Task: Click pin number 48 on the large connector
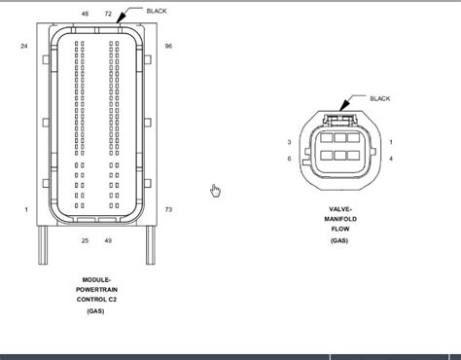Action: tap(85, 14)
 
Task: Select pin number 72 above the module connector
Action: tap(108, 14)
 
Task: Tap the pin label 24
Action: tap(23, 46)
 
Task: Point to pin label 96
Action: tap(168, 46)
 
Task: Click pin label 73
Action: tap(168, 210)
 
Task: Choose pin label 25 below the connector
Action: tap(85, 240)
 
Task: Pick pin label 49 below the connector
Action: tap(108, 240)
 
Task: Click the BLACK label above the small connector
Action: tap(380, 98)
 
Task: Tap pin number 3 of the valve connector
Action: tap(290, 142)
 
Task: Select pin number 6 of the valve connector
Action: tap(290, 158)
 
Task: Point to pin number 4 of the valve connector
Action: tap(391, 158)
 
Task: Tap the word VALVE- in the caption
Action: tap(340, 209)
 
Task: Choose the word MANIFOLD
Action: tap(340, 219)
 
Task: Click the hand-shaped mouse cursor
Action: tap(216, 191)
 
